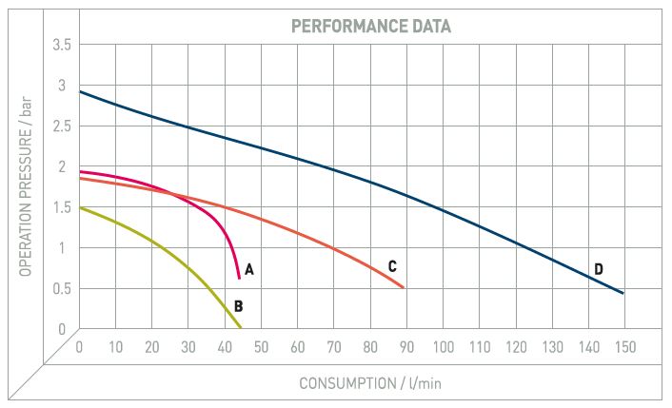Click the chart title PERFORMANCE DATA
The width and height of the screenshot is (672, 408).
370,27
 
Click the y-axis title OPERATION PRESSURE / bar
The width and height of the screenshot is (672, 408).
25,187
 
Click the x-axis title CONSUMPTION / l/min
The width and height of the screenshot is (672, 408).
370,384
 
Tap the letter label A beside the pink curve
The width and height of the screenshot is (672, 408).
249,270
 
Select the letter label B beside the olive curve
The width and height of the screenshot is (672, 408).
238,306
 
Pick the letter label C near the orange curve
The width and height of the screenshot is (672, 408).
391,265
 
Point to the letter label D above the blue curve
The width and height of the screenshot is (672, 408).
599,269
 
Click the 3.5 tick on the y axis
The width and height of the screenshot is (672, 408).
60,45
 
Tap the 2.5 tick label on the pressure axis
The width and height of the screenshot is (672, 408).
60,126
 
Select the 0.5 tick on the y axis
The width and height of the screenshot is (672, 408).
60,289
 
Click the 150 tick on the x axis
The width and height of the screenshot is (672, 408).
624,347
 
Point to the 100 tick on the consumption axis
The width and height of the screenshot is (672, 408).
443,347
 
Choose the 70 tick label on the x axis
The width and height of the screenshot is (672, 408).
334,347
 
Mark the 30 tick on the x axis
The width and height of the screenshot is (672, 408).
188,347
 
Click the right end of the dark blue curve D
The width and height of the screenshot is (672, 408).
623,293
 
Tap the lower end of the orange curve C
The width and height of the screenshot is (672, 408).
404,287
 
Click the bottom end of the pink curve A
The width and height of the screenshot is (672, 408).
239,277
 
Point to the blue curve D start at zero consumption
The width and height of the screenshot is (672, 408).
80,91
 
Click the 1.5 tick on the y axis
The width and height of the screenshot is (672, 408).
60,207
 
